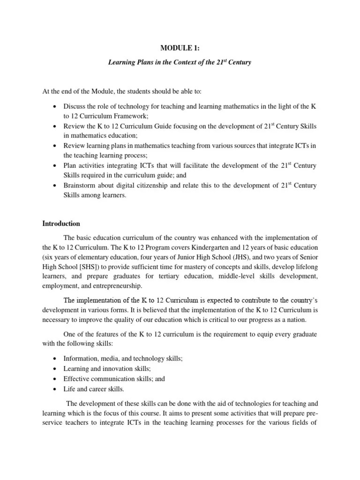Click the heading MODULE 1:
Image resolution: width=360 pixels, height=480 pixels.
(x=180, y=47)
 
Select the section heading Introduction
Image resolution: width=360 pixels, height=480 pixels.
(x=61, y=224)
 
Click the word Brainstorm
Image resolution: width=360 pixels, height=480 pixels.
(x=80, y=186)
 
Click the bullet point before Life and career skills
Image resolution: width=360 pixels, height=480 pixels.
(x=55, y=389)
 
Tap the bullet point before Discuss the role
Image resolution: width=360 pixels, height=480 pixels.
(x=55, y=107)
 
